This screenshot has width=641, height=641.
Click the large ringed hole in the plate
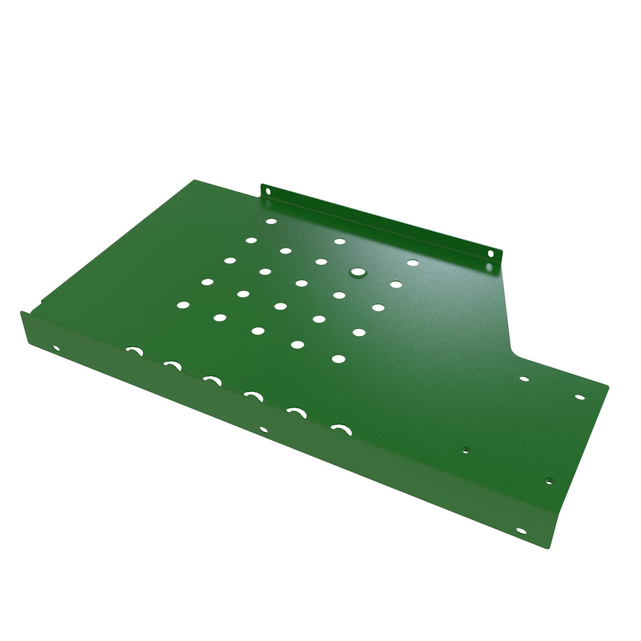pos(357,272)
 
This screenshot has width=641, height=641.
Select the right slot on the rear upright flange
pos(490,254)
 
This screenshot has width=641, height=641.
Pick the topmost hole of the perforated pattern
pos(271,221)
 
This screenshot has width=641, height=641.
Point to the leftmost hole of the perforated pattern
pos(183,304)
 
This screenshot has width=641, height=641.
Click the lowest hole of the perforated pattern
pos(338,359)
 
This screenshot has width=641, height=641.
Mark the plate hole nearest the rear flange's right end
pos(413,263)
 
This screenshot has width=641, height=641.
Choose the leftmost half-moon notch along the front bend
pos(134,350)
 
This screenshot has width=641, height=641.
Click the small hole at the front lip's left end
pos(56,348)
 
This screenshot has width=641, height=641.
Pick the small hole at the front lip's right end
pos(521,531)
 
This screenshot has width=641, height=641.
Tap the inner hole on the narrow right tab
pos(524,379)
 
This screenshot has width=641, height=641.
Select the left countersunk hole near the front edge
pos(466,450)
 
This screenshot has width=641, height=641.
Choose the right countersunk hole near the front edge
pos(549,481)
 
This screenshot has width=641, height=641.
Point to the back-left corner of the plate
pos(195,180)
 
